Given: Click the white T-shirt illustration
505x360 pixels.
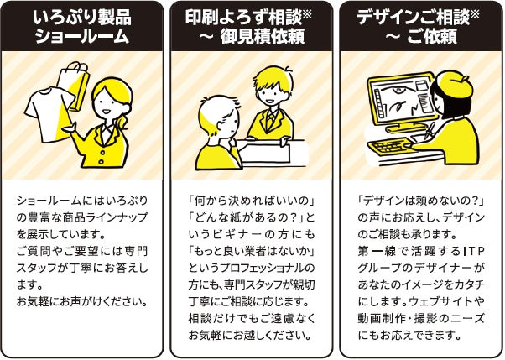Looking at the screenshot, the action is (x=49, y=113).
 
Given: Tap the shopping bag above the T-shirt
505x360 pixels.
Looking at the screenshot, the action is (x=75, y=85).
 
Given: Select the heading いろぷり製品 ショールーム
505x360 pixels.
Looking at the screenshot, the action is (x=82, y=26).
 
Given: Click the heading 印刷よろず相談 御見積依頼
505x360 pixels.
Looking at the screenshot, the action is (x=248, y=26).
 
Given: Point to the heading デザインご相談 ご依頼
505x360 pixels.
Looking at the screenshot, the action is (x=418, y=26).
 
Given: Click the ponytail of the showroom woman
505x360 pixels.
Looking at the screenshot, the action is (x=123, y=123).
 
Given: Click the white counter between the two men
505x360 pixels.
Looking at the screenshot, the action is (x=273, y=153).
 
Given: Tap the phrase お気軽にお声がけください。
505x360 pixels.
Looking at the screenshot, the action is (x=82, y=301).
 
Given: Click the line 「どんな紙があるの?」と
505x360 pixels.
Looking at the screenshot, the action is (x=252, y=217).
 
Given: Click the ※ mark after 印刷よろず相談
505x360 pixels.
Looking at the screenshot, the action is (x=307, y=15).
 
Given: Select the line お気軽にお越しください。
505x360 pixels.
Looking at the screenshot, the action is (x=250, y=335).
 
